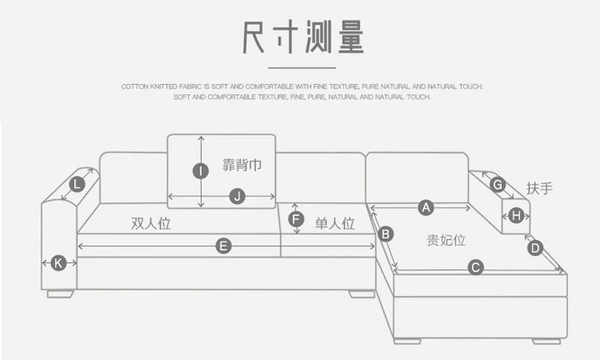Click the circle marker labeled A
pyautogui.click(x=425, y=208)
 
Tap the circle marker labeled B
pyautogui.click(x=386, y=233)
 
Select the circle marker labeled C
pyautogui.click(x=475, y=268)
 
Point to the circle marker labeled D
pyautogui.click(x=535, y=247)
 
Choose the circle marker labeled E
pyautogui.click(x=223, y=246)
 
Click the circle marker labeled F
pyautogui.click(x=295, y=219)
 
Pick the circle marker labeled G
pyautogui.click(x=497, y=185)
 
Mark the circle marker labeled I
pyautogui.click(x=200, y=171)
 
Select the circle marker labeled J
pyautogui.click(x=238, y=196)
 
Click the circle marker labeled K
pyautogui.click(x=58, y=262)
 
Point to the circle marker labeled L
pyautogui.click(x=77, y=184)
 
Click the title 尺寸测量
pyautogui.click(x=303, y=37)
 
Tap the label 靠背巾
pyautogui.click(x=242, y=165)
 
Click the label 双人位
pyautogui.click(x=151, y=224)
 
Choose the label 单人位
pyautogui.click(x=335, y=224)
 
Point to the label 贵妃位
pyautogui.click(x=446, y=241)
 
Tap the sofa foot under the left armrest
pyautogui.click(x=61, y=294)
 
